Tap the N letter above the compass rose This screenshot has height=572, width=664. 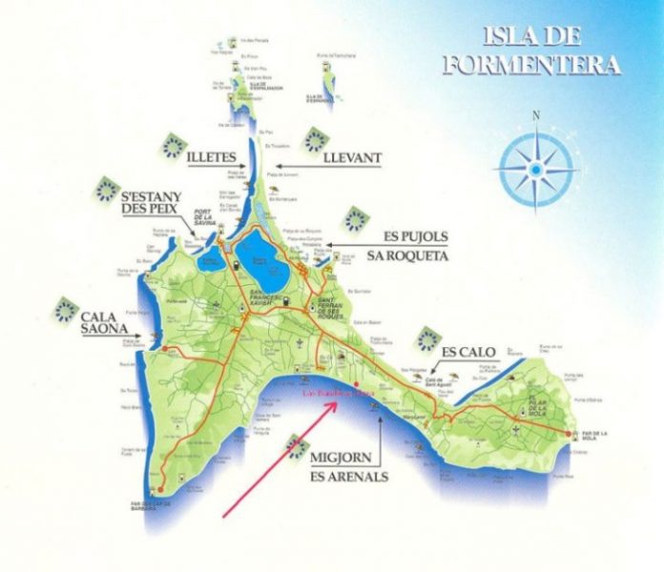[536, 116]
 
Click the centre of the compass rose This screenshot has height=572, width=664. [536, 169]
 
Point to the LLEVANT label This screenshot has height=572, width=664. [352, 157]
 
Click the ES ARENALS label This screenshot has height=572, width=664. [349, 475]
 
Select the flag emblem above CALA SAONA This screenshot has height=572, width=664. [66, 308]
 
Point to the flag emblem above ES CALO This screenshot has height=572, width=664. [429, 337]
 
